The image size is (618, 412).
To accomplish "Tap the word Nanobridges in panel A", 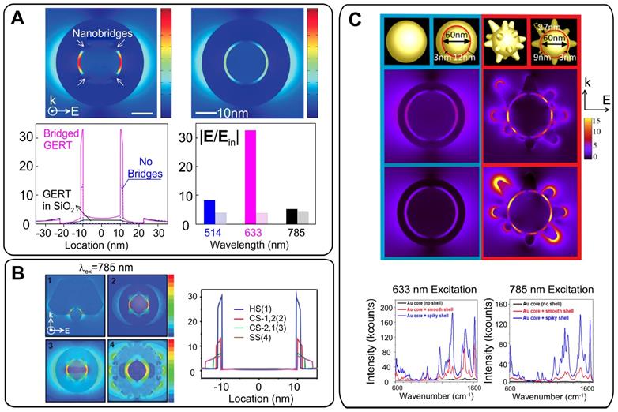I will pos(93,35).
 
